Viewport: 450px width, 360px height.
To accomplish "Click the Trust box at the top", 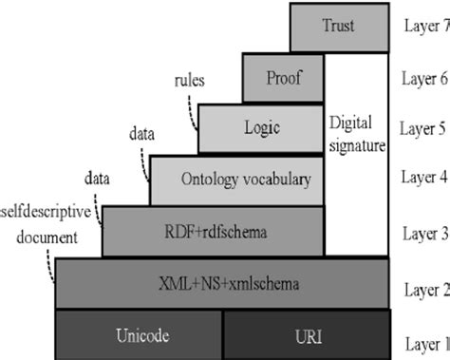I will click(x=337, y=27).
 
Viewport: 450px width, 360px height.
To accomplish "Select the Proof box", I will click(x=283, y=78).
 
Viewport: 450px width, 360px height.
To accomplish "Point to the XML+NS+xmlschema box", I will click(x=221, y=284).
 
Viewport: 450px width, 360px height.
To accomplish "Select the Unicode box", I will click(x=141, y=334).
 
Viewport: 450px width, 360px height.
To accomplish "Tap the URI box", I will click(x=307, y=334).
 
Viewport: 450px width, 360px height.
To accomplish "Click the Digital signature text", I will click(x=357, y=134).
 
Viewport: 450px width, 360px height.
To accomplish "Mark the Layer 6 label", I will click(x=422, y=78).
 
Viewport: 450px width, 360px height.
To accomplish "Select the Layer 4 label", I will click(x=422, y=178).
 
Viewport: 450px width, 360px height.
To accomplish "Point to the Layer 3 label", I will click(x=422, y=231).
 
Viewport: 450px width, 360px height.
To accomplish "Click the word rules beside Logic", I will click(x=191, y=81).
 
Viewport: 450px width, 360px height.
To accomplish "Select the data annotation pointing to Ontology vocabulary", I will click(x=141, y=134).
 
